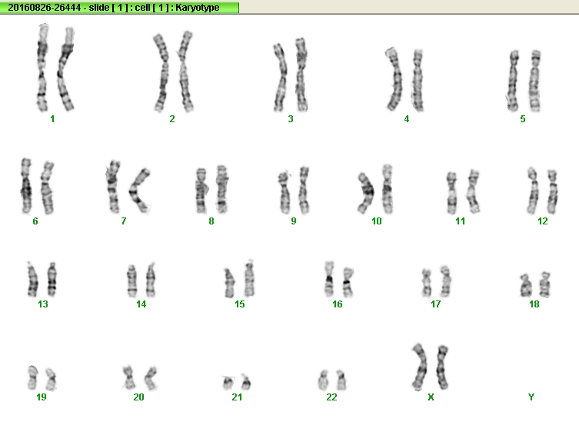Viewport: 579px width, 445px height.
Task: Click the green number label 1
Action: pos(52,119)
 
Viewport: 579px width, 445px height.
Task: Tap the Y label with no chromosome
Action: pos(531,397)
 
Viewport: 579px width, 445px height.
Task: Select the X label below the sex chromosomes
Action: pos(431,397)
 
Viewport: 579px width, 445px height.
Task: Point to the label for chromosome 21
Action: pos(237,397)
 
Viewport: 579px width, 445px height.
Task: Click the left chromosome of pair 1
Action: pos(42,68)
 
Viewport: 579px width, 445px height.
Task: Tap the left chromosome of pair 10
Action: pos(366,193)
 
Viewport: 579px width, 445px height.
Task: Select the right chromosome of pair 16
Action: pos(348,283)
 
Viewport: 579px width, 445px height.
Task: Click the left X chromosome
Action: pos(420,367)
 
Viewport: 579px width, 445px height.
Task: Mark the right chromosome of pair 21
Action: pos(246,382)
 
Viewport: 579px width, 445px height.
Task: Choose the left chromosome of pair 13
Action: pos(32,280)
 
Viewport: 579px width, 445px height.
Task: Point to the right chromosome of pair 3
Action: pos(301,75)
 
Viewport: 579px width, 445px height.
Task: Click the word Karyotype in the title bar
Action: pos(197,8)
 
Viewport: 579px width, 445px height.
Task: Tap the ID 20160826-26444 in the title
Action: pos(45,8)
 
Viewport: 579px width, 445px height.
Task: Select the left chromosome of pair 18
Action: pos(525,286)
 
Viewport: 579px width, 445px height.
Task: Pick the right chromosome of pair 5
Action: pos(534,81)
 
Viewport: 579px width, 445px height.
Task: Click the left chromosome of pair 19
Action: pos(32,377)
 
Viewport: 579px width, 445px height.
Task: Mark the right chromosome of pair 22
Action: pos(341,380)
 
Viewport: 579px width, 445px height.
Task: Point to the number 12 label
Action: pos(542,221)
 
